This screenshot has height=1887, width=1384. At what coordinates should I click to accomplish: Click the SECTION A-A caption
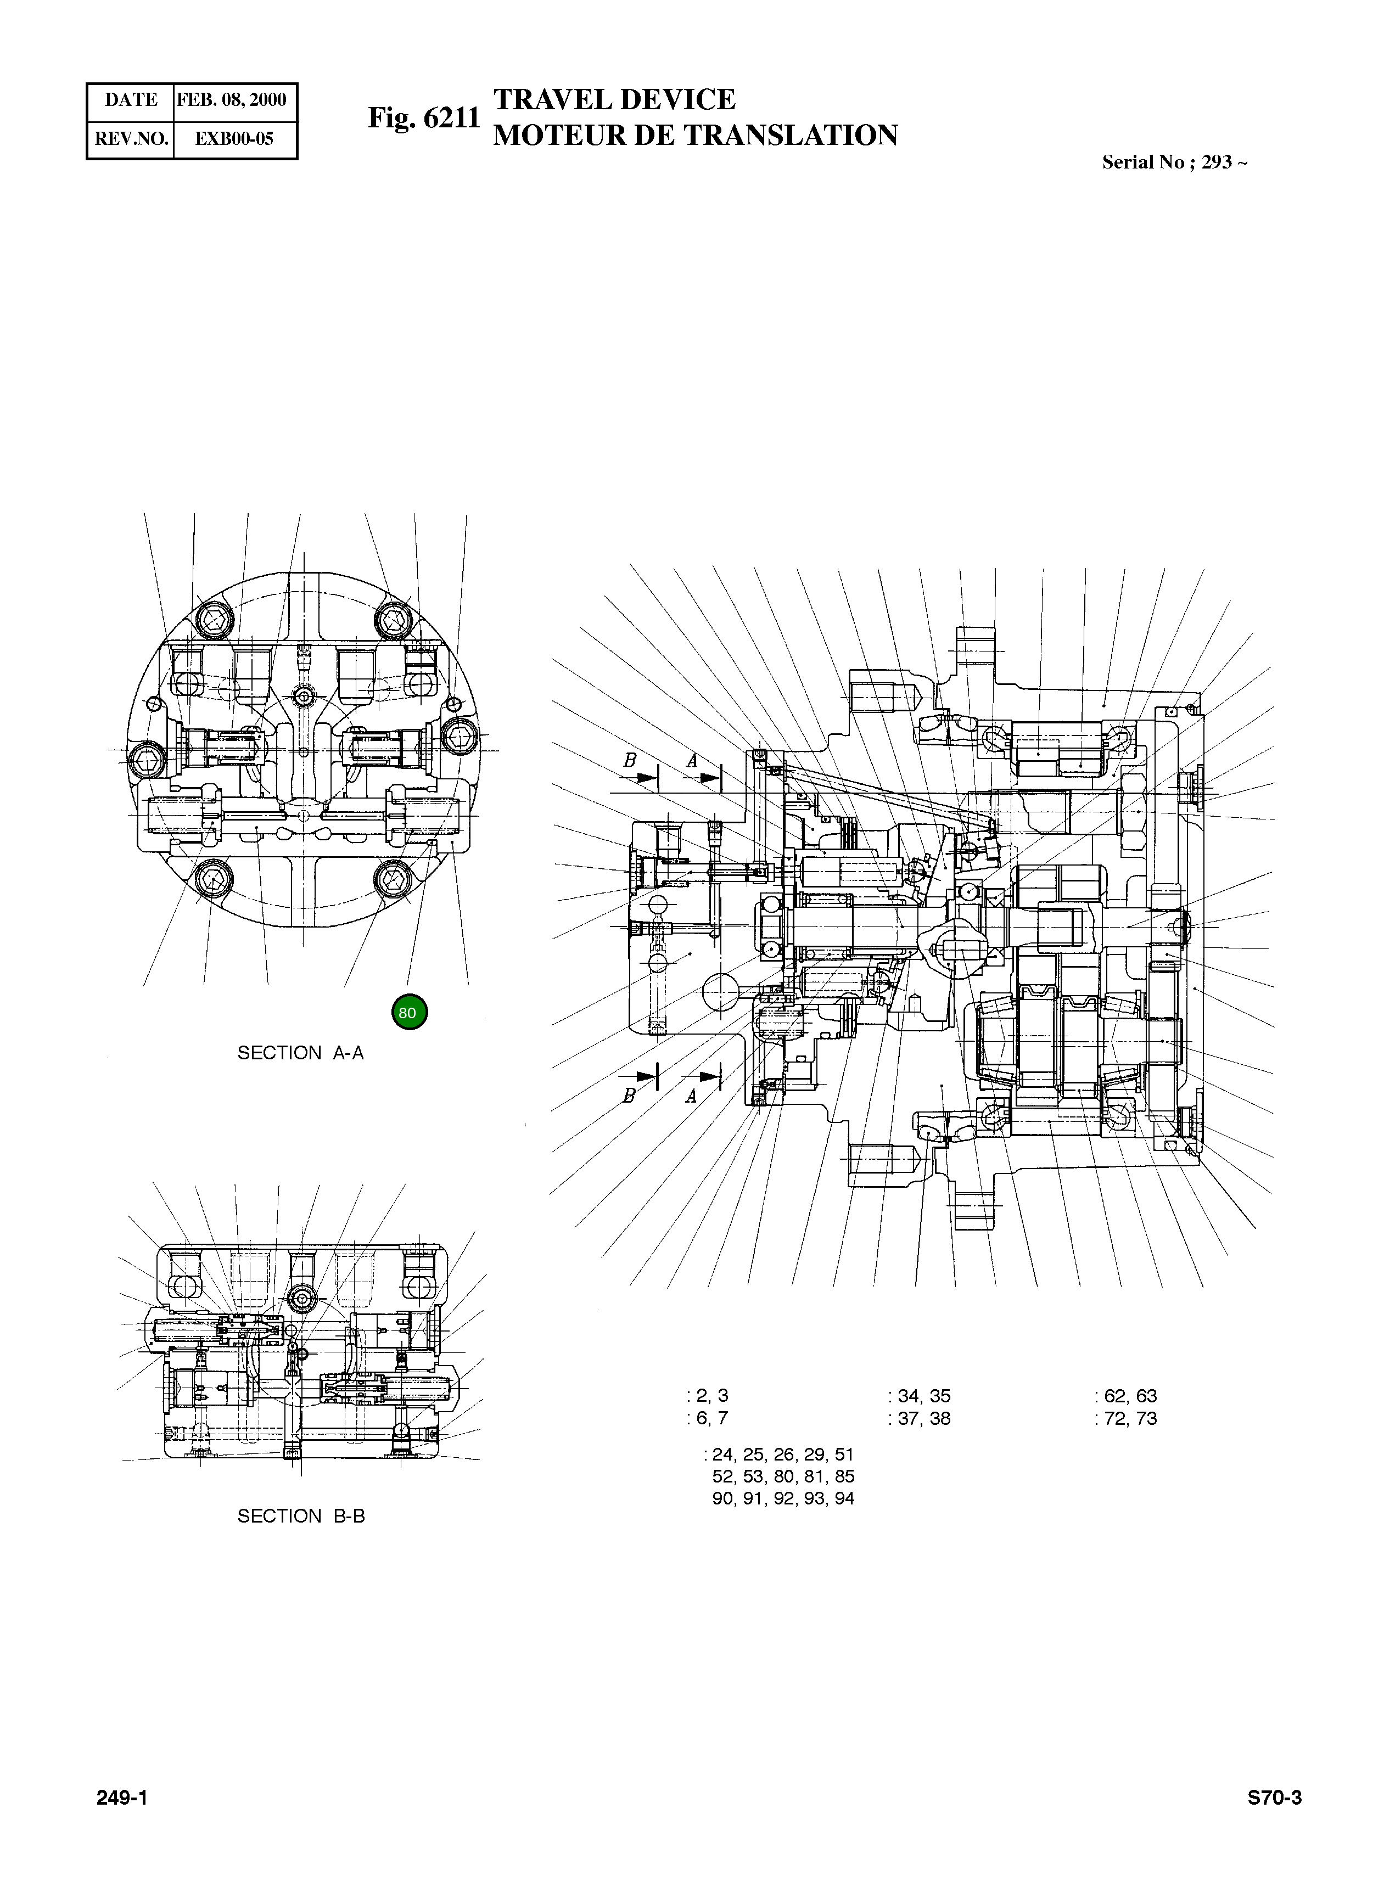coord(301,1053)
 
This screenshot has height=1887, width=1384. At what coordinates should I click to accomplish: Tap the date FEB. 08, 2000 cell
coord(232,100)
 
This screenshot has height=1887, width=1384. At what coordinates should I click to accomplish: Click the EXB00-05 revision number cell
coord(234,139)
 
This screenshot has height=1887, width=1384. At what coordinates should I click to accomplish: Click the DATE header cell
coord(131,100)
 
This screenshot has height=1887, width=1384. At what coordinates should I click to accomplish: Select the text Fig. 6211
coord(424,118)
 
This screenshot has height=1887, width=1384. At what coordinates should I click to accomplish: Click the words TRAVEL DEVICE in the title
coord(614,100)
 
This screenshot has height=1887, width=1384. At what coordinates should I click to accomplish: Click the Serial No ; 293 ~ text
coord(1174,162)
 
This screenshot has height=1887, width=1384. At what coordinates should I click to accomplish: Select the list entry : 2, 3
coord(708,1395)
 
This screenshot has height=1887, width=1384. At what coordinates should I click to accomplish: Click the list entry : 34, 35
coord(919,1395)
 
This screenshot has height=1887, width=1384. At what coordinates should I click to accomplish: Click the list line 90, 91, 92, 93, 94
coord(782,1498)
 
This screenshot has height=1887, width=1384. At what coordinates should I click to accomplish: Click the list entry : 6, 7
coord(708,1418)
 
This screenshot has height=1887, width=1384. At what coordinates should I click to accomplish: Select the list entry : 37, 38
coord(919,1418)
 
